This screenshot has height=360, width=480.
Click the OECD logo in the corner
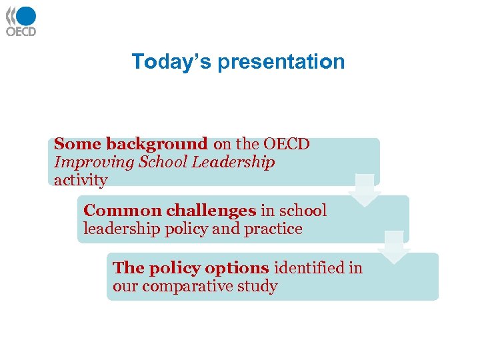21,21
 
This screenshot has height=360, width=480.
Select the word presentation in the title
281,62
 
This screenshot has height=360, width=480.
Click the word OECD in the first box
287,144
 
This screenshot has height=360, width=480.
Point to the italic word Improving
83,163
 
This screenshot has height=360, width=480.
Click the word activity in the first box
80,181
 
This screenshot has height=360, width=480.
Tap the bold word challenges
211,211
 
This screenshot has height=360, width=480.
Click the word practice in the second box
273,229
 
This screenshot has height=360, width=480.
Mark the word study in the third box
260,287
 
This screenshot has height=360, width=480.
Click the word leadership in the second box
114,229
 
